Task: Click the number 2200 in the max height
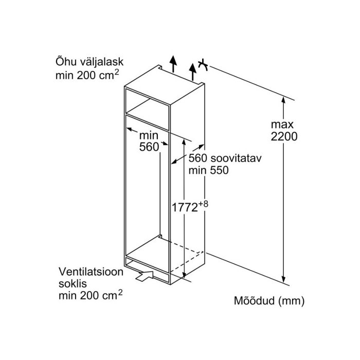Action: (x=284, y=136)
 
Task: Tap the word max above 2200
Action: (x=282, y=124)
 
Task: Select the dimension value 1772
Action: (x=185, y=208)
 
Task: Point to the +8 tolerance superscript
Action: (x=203, y=204)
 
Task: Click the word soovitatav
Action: (x=236, y=158)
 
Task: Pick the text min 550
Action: (x=208, y=170)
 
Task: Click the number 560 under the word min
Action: (x=149, y=147)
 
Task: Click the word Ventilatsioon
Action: (x=91, y=272)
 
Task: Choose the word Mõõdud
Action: (x=254, y=300)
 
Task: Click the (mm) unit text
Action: (x=291, y=301)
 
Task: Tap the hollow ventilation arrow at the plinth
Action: (x=145, y=276)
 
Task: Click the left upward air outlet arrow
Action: (x=173, y=64)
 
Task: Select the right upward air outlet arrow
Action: (x=193, y=71)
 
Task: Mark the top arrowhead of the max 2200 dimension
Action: (x=284, y=100)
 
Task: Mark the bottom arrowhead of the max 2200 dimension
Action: (x=284, y=280)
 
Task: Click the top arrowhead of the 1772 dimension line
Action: (x=184, y=141)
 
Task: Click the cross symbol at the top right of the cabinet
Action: (x=203, y=65)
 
